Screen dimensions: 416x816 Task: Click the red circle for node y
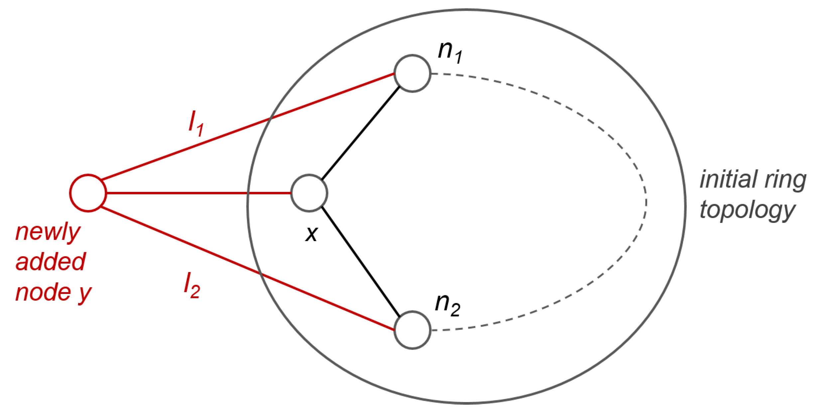(x=88, y=193)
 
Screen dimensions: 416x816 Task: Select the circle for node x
(x=309, y=193)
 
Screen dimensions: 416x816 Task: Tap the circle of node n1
(x=412, y=73)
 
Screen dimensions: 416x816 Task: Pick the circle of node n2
(x=412, y=330)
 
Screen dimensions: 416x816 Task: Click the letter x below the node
(x=311, y=233)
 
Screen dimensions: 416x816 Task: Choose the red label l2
(x=192, y=285)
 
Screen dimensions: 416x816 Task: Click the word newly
(x=48, y=232)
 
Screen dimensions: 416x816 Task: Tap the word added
(x=51, y=262)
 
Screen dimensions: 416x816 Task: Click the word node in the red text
(x=43, y=292)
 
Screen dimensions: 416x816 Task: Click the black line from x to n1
(x=361, y=133)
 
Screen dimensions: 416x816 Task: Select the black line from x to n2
(x=361, y=261)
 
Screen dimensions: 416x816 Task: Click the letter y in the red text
(x=85, y=294)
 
